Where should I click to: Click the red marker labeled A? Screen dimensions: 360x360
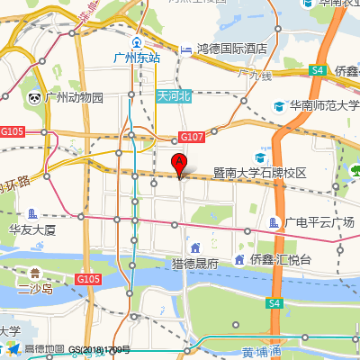pos(179,164)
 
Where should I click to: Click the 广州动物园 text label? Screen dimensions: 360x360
pos(75,97)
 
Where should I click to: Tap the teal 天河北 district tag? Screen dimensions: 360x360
pos(174,95)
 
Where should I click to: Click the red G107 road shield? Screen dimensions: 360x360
pos(191,137)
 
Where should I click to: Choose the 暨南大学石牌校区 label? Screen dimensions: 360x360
pos(260,172)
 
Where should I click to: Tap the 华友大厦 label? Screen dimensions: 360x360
pos(32,229)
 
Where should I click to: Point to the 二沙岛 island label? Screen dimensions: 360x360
pos(36,289)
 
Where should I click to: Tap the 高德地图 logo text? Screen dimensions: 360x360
pos(44,349)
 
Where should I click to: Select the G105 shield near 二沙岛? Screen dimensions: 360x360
pos(87,279)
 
